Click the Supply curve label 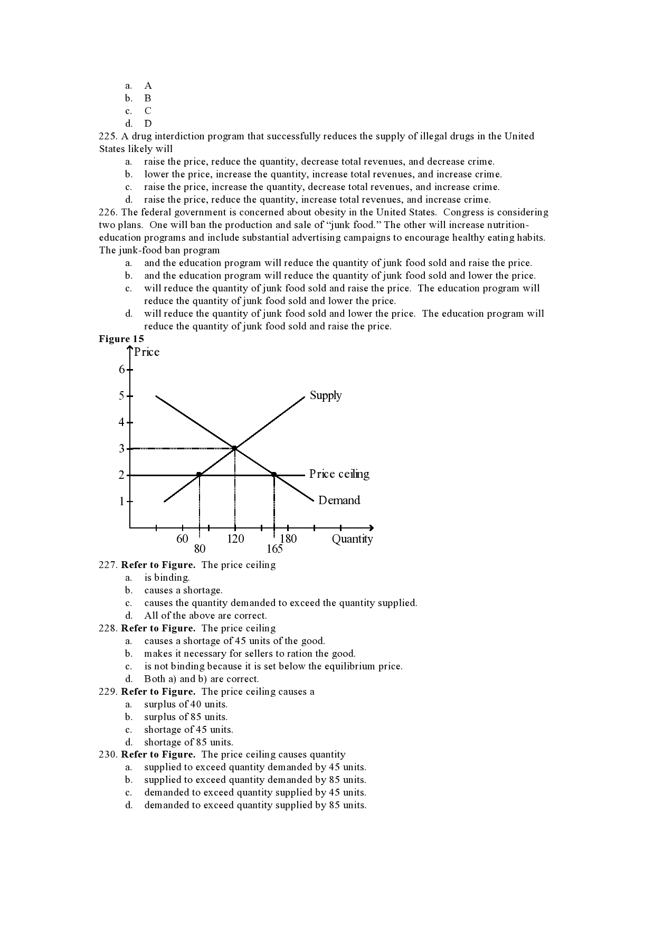coord(325,395)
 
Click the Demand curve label coord(339,500)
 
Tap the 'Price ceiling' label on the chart coord(339,474)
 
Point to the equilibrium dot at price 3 coord(234,448)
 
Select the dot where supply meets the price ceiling coord(199,475)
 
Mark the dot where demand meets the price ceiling coord(273,475)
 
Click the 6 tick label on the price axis coord(122,370)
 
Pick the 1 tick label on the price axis coord(122,501)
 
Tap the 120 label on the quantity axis coord(235,539)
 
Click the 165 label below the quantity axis coord(274,549)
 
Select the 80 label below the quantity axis coord(200,549)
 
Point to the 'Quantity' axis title coord(352,539)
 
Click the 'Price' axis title coord(146,352)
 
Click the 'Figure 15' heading coord(121,339)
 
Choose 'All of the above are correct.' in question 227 coord(205,616)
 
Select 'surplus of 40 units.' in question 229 coord(186,704)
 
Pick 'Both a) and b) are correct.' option coord(201,679)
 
